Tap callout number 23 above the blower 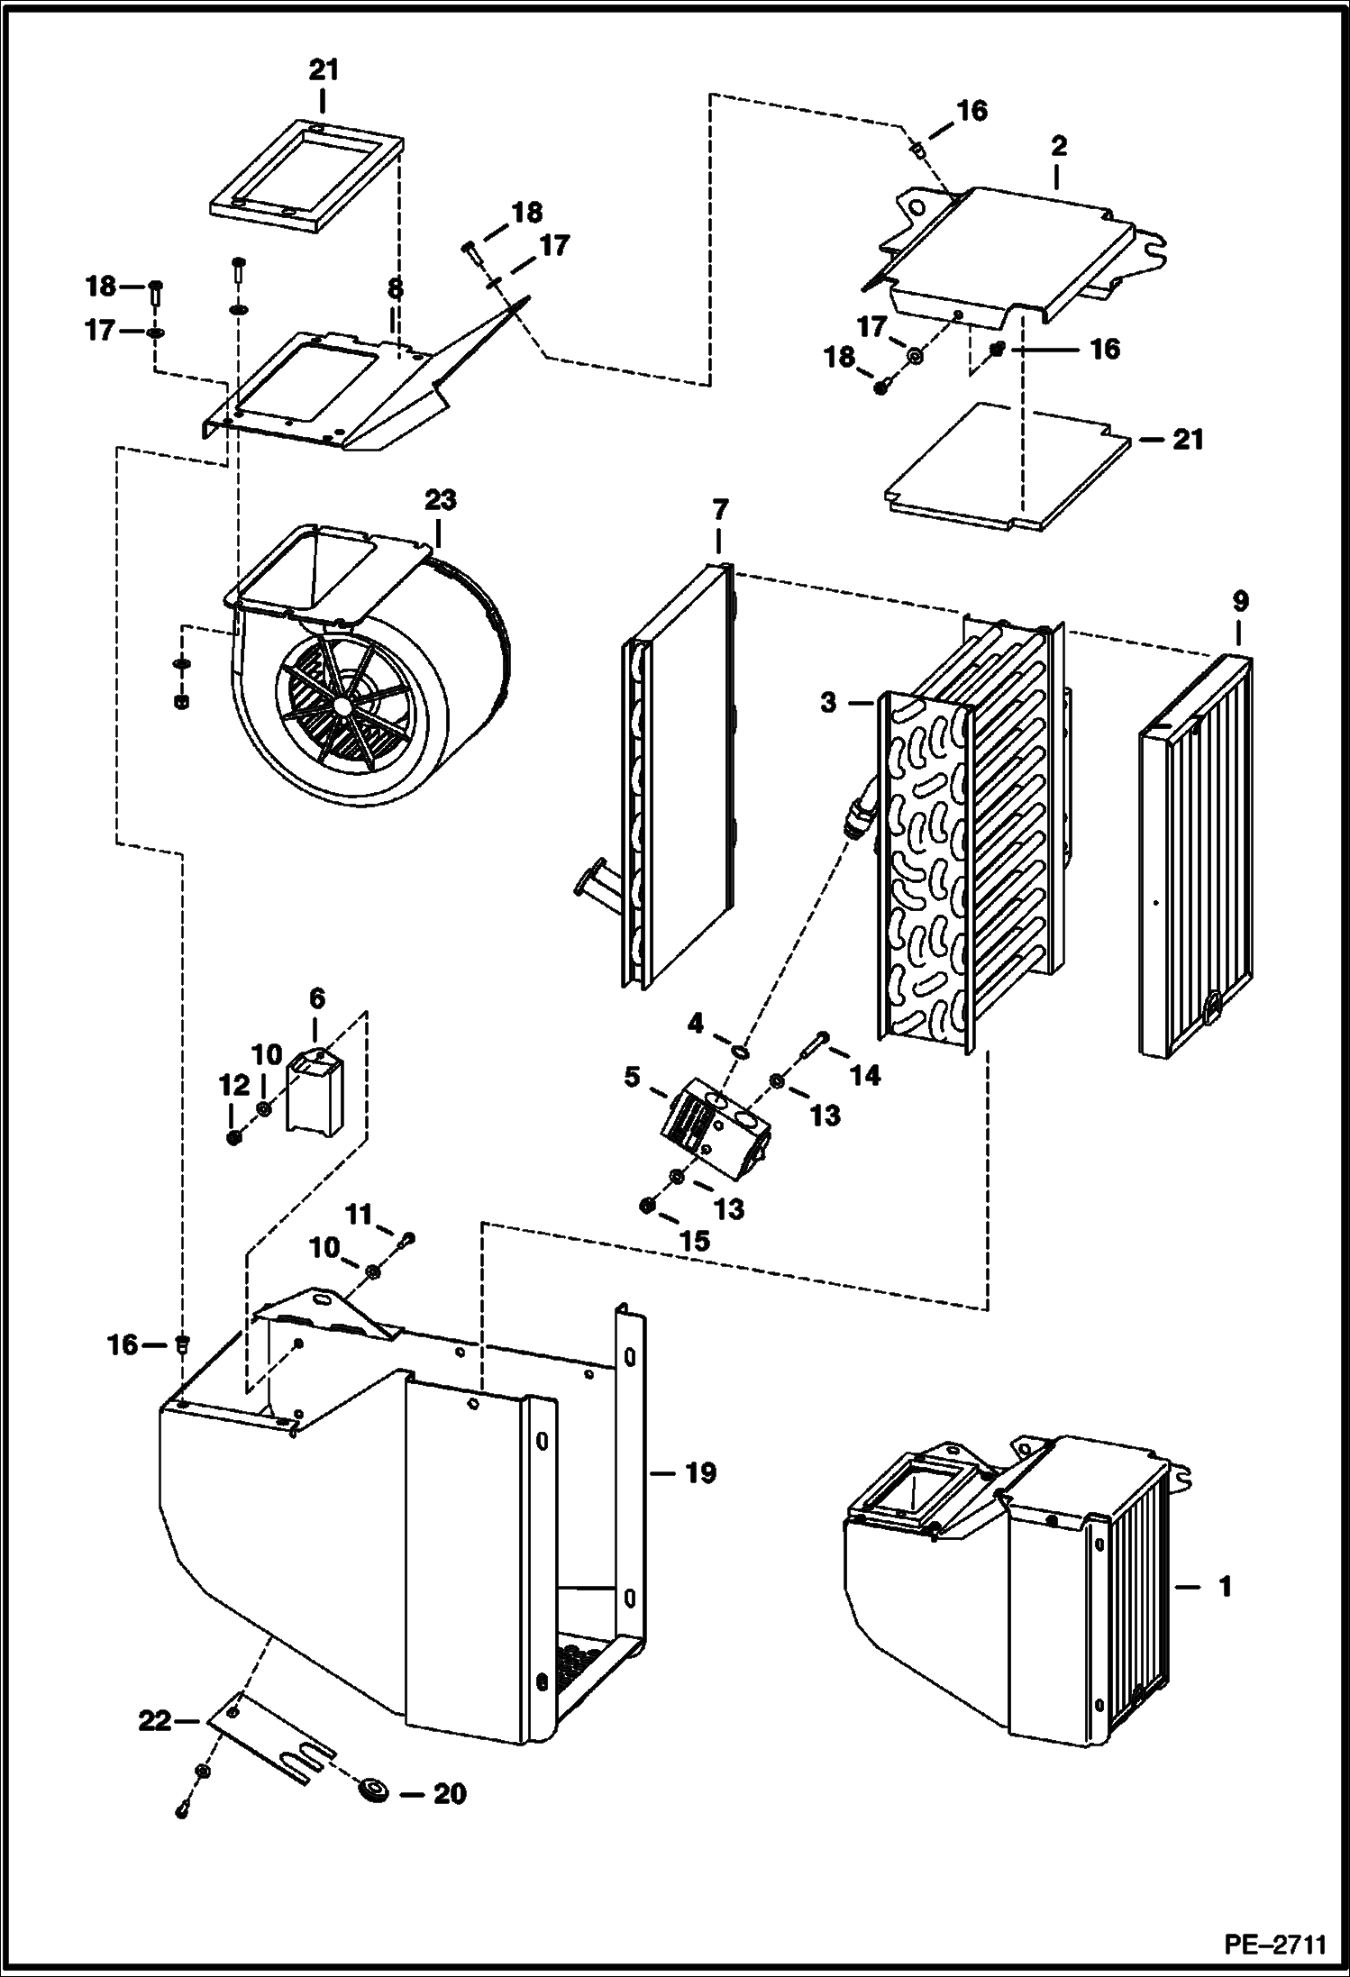pyautogui.click(x=441, y=501)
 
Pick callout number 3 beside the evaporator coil pyautogui.click(x=828, y=703)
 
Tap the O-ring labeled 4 pyautogui.click(x=739, y=1051)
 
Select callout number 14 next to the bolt pyautogui.click(x=864, y=1074)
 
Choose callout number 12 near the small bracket pyautogui.click(x=233, y=1086)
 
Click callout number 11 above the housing pyautogui.click(x=360, y=1216)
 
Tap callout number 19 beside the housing pyautogui.click(x=700, y=1474)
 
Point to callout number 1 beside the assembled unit pyautogui.click(x=1224, y=1586)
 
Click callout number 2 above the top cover pyautogui.click(x=1058, y=145)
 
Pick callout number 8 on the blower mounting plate pyautogui.click(x=394, y=289)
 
